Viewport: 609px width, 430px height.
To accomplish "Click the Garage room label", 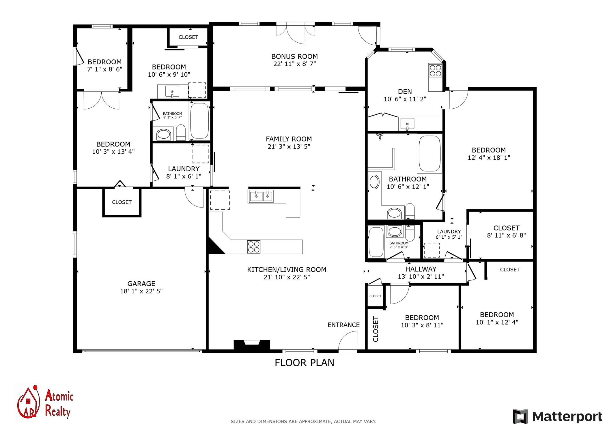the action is [x=141, y=284].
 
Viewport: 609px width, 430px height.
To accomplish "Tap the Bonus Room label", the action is [x=294, y=56].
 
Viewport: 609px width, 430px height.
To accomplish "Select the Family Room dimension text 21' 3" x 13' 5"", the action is [x=289, y=146].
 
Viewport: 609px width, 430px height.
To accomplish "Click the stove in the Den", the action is [x=435, y=70].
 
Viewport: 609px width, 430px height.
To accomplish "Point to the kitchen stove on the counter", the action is [x=254, y=247].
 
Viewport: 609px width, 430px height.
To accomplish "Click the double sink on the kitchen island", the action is [x=261, y=196].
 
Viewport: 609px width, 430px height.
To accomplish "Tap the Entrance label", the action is [x=343, y=325].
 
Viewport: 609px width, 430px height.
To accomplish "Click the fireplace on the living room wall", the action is [x=252, y=345].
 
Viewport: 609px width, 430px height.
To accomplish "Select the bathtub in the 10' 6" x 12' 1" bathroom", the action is [x=430, y=154].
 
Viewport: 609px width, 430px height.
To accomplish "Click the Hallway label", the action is [x=421, y=269].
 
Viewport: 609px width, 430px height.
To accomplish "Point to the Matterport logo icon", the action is [x=520, y=416].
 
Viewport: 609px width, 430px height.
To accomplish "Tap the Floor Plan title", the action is [x=304, y=363].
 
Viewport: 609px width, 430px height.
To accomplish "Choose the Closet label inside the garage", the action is [x=122, y=202].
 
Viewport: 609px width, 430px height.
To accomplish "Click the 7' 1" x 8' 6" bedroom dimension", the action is [x=105, y=69].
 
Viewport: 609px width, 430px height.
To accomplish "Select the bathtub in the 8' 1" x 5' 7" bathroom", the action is [x=200, y=121].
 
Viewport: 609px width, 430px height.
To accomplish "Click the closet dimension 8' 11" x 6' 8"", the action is [x=507, y=235].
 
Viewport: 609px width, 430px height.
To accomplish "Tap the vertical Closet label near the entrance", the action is [x=376, y=329].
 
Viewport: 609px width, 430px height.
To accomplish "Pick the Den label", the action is [x=405, y=92].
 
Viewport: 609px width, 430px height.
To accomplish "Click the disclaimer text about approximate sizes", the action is [x=303, y=421].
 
